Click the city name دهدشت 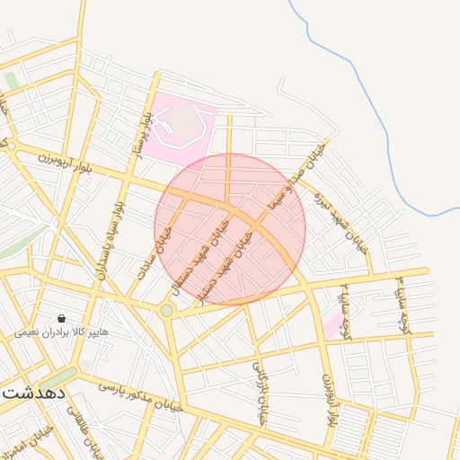pos(31,393)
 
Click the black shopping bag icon pos(61,318)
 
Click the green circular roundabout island pos(166,311)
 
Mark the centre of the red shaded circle pos(230,229)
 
